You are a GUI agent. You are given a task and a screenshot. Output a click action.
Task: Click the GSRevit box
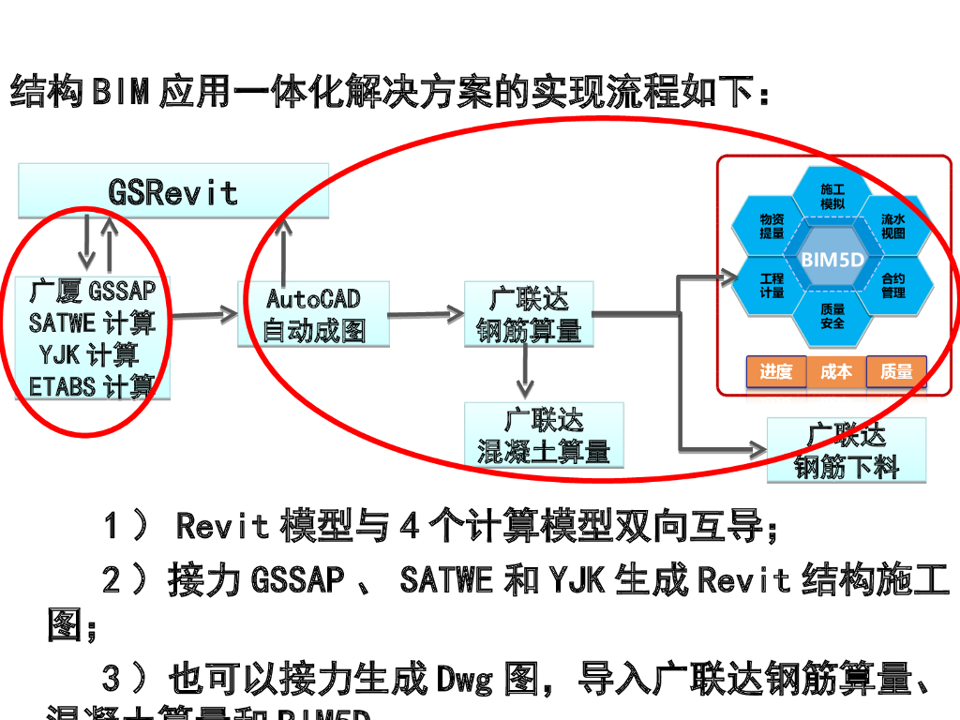[173, 191]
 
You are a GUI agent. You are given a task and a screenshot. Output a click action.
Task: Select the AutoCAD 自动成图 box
[313, 314]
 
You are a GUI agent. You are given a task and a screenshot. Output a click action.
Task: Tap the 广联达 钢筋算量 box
[529, 314]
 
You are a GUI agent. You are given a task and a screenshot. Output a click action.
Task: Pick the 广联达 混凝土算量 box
[544, 435]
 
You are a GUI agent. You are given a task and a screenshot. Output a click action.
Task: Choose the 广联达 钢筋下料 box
[847, 450]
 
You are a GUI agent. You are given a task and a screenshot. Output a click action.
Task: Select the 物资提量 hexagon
[772, 225]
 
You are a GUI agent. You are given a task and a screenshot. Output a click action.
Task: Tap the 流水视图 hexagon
[892, 226]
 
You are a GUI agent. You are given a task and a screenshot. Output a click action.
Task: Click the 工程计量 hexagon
[772, 286]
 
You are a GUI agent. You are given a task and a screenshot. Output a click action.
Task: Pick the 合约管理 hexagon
[892, 286]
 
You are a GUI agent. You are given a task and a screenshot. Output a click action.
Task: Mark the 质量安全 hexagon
[832, 316]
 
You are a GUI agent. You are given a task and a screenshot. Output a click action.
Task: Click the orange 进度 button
[776, 372]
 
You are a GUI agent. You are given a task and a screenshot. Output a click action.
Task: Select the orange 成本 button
[836, 372]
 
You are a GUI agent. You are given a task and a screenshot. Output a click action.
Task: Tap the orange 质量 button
[896, 372]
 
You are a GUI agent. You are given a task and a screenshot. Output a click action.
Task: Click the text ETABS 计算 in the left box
[92, 385]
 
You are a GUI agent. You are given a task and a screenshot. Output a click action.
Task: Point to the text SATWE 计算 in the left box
[92, 323]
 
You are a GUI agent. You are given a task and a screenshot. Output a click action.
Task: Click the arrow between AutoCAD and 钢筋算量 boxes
[427, 314]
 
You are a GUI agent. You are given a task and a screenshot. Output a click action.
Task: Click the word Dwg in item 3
[466, 679]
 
